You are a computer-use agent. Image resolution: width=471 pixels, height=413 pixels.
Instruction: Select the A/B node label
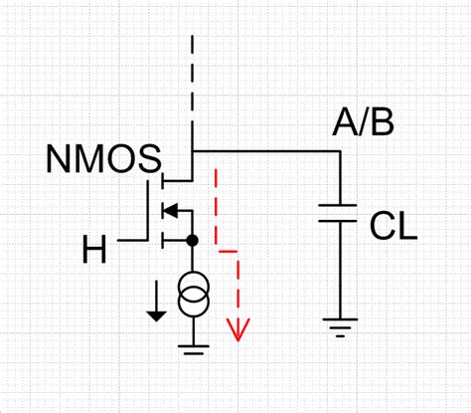click(x=363, y=125)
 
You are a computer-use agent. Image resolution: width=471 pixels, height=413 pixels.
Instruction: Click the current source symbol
click(x=191, y=297)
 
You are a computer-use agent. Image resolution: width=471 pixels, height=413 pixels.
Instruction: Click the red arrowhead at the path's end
click(x=237, y=327)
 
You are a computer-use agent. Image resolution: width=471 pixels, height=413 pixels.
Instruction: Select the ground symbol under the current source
click(x=191, y=347)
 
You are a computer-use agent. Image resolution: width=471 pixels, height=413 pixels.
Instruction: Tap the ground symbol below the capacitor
click(x=340, y=325)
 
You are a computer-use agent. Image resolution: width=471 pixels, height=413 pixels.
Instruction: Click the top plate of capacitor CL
click(x=340, y=206)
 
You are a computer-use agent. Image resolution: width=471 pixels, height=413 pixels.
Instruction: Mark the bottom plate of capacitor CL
click(x=340, y=221)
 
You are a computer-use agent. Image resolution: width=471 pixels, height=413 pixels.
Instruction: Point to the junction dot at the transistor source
click(x=191, y=241)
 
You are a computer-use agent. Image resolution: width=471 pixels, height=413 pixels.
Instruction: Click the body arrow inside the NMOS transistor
click(x=169, y=210)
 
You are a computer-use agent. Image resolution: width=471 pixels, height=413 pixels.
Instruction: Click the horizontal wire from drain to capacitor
click(x=264, y=151)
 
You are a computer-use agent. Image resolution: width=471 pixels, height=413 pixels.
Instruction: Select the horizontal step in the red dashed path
click(x=228, y=252)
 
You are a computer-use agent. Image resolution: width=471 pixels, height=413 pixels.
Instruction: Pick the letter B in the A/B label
click(x=381, y=125)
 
